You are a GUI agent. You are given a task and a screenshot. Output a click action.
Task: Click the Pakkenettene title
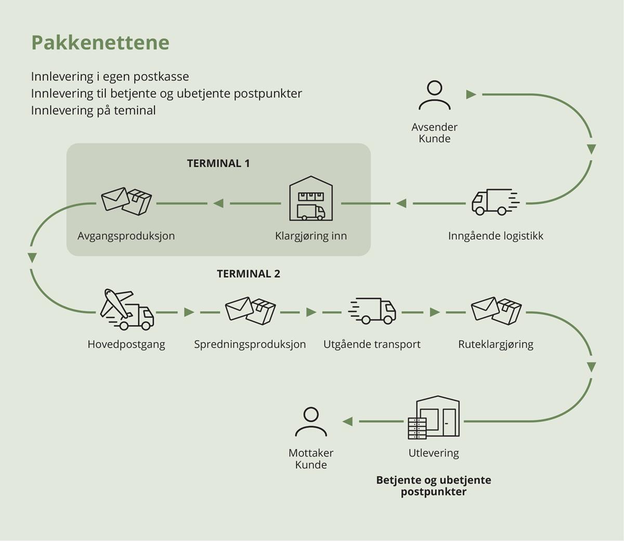(100, 43)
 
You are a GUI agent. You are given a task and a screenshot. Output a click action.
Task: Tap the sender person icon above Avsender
(435, 96)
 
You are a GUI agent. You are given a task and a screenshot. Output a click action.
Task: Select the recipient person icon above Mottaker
(311, 421)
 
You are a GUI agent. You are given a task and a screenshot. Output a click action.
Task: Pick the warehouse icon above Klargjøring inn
(311, 199)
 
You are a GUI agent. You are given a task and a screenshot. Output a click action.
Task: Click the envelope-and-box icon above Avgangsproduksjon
(126, 201)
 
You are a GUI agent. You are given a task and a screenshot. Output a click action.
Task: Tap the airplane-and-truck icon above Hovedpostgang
(127, 310)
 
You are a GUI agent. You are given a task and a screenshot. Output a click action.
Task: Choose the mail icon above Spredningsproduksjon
(250, 311)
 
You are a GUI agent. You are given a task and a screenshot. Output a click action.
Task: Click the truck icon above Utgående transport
(372, 311)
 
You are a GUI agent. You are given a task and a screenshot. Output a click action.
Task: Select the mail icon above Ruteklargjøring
(496, 311)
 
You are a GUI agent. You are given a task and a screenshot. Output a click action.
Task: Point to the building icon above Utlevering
(434, 418)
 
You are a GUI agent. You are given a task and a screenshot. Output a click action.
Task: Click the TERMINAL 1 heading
(218, 163)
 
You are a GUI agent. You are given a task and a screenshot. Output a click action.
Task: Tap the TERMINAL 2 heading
(249, 274)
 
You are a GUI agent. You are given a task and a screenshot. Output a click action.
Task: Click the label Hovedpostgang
(126, 344)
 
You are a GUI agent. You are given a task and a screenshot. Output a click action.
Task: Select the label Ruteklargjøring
(496, 344)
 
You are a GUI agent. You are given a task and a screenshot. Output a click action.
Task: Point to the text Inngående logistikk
(496, 236)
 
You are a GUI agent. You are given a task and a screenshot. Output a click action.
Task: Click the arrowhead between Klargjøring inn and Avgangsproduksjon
(218, 203)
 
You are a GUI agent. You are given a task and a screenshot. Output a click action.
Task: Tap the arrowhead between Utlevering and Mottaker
(347, 421)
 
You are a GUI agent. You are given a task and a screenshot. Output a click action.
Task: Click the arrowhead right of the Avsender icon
(471, 95)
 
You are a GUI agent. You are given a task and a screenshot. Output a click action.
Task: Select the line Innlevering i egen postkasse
(110, 76)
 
